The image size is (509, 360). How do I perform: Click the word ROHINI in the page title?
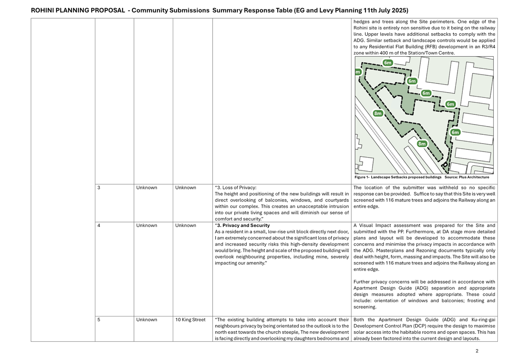[x=42, y=10]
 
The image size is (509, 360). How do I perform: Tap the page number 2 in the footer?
[x=477, y=351]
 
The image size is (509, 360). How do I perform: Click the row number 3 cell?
[x=99, y=188]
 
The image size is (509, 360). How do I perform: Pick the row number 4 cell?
[x=99, y=226]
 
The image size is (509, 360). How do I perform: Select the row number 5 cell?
[x=99, y=320]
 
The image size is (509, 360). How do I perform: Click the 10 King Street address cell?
[x=190, y=320]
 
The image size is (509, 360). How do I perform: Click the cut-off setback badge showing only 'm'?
[x=358, y=72]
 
